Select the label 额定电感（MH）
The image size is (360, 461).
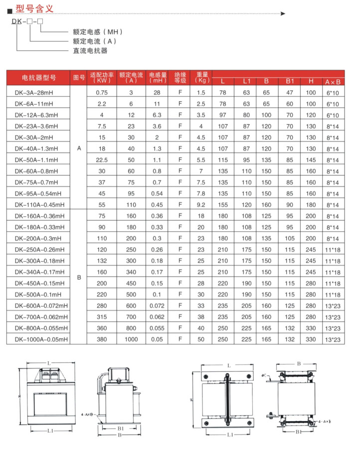coord(97,32)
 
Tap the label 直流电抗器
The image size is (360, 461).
coord(90,50)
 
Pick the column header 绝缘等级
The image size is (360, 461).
coord(180,78)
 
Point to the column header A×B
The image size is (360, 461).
coord(332,82)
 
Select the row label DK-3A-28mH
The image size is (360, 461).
coord(35,93)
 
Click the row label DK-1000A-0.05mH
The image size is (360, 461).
coord(41,339)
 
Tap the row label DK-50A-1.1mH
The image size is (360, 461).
coord(36,160)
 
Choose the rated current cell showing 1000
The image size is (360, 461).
coord(132,339)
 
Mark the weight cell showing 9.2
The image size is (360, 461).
coord(201,205)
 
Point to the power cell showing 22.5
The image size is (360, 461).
coord(102,160)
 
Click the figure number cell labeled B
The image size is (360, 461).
coord(79,278)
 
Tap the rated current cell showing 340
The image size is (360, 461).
coord(132,272)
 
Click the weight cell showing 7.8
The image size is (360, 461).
coord(201,193)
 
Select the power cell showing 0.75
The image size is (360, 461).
coord(102,93)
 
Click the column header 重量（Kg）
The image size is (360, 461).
coord(201,78)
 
